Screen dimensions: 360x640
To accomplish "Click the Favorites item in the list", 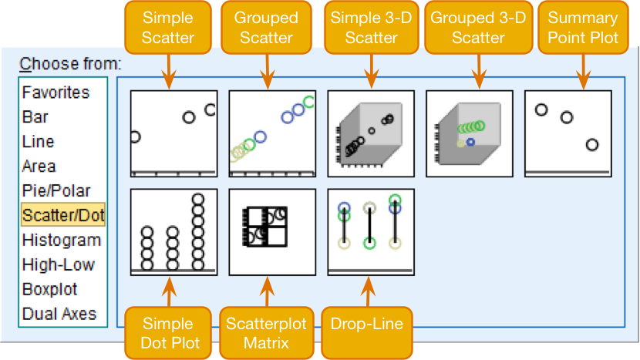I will (x=56, y=93).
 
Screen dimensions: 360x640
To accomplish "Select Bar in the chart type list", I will (x=35, y=117).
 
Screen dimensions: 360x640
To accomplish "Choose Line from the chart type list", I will (x=39, y=142).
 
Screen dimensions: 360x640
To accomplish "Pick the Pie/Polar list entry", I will (x=56, y=191).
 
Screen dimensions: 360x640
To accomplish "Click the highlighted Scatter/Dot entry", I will (x=63, y=216).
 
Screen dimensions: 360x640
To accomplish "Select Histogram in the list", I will (x=62, y=241).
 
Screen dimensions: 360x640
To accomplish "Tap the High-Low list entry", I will (x=59, y=265).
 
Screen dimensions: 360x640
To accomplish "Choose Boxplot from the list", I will (x=50, y=290).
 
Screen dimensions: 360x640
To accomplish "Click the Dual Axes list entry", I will (x=59, y=315).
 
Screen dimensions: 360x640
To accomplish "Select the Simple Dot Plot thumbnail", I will (x=173, y=232).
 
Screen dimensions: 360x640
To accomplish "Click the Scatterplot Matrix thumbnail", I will (x=272, y=232).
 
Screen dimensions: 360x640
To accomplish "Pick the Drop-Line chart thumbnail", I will (x=371, y=232).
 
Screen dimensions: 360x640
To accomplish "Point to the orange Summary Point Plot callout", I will (x=583, y=28).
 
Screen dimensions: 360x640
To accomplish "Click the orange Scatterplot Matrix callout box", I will (x=266, y=332).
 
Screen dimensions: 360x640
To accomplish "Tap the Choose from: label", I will (x=70, y=64).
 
